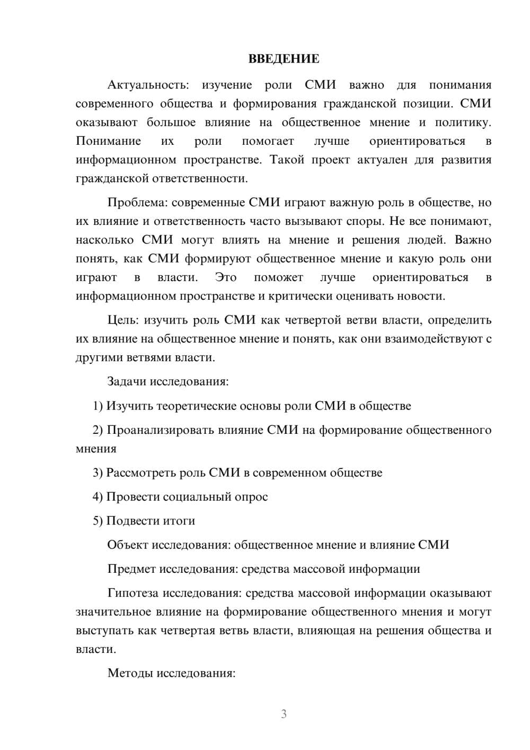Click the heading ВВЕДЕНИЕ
[284, 59]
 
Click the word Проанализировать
[161, 430]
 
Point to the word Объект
[128, 545]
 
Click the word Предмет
[131, 570]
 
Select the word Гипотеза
[133, 594]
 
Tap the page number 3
[284, 714]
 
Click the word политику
[463, 123]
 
